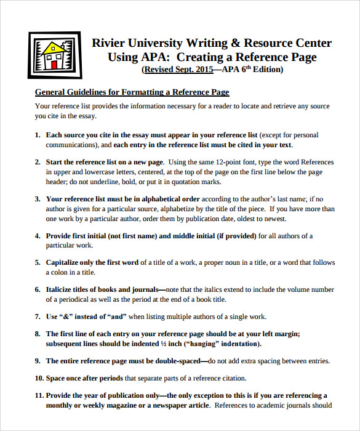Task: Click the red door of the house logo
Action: click(x=54, y=63)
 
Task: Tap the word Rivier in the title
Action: click(x=108, y=43)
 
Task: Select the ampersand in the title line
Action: click(x=235, y=43)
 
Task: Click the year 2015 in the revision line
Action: click(x=201, y=70)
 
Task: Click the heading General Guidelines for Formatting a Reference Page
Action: click(x=132, y=92)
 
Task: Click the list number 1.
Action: click(x=38, y=135)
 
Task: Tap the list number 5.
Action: click(x=38, y=262)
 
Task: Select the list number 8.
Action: click(x=38, y=334)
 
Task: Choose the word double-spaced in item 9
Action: click(x=181, y=361)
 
